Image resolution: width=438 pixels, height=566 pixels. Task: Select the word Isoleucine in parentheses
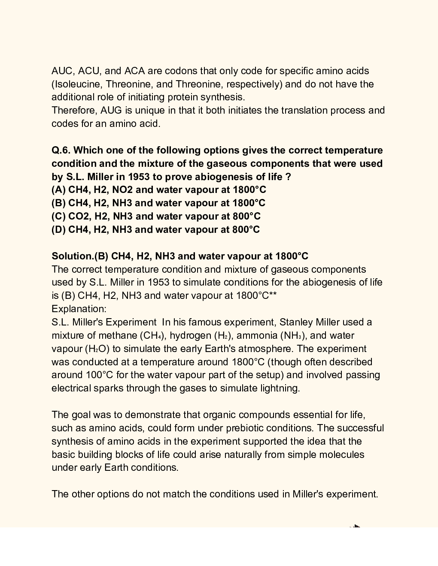(x=78, y=84)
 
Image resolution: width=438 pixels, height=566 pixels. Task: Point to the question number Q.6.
(x=61, y=151)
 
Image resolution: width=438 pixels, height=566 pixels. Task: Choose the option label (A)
(x=58, y=190)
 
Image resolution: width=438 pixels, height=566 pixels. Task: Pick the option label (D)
(x=58, y=230)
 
